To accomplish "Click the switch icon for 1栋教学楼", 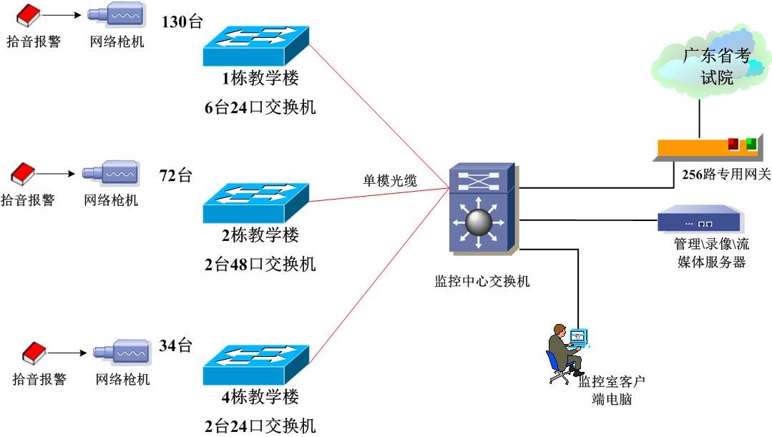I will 255,47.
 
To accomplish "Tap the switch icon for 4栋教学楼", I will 255,365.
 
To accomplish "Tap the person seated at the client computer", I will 560,350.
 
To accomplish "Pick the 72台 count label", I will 176,175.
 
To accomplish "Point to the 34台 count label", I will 176,346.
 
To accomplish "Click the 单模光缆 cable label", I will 390,181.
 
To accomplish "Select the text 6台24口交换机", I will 260,108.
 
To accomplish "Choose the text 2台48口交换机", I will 260,264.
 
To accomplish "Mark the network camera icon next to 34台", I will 121,353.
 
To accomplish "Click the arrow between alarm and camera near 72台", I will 57,174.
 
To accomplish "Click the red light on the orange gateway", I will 733,144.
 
